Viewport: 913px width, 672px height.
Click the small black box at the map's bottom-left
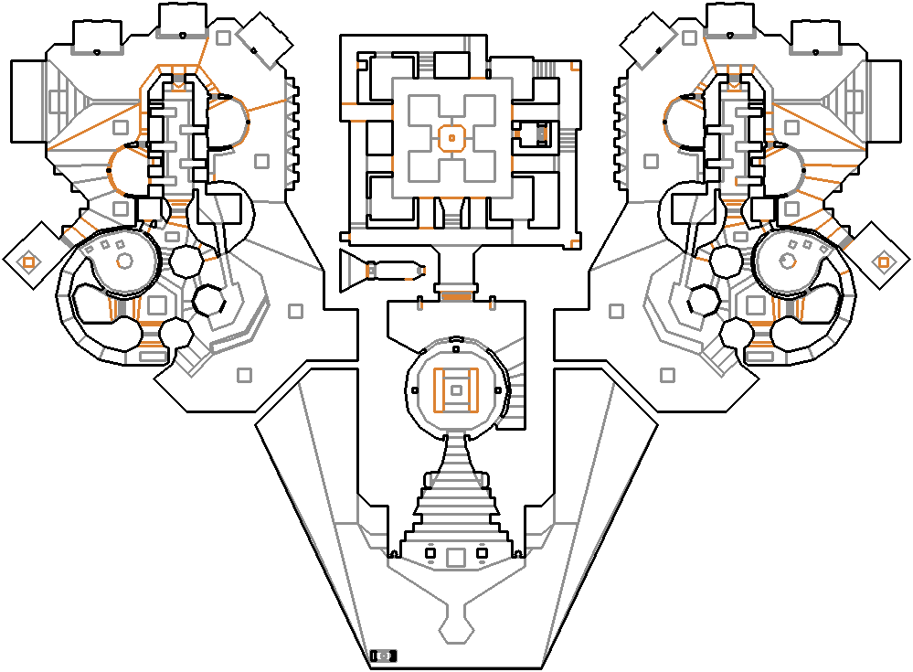click(x=385, y=656)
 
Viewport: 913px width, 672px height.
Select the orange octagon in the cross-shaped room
click(x=451, y=138)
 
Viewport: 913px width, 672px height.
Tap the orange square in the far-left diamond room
click(x=28, y=262)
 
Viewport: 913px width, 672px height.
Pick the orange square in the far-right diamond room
click(x=884, y=262)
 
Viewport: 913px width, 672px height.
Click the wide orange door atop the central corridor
click(x=455, y=294)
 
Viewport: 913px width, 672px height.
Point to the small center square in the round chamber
click(x=456, y=390)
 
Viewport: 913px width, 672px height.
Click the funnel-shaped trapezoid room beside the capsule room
click(x=353, y=271)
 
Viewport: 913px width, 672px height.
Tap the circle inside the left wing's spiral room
click(x=124, y=261)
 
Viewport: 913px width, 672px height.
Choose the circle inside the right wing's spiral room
click(x=788, y=262)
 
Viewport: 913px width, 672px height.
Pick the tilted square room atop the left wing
click(x=264, y=39)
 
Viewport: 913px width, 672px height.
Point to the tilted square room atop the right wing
click(x=648, y=39)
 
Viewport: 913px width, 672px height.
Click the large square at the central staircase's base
click(x=455, y=555)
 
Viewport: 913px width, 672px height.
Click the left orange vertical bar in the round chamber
click(x=438, y=390)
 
